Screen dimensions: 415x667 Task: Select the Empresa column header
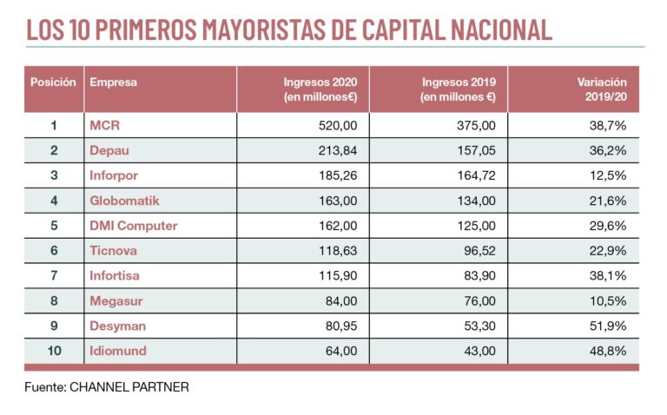pyautogui.click(x=113, y=82)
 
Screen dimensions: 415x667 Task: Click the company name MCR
pyautogui.click(x=104, y=126)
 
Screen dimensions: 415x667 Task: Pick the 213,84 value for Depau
pyautogui.click(x=338, y=151)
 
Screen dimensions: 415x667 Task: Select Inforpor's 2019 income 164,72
pyautogui.click(x=476, y=176)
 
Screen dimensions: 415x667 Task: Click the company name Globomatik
pyautogui.click(x=125, y=201)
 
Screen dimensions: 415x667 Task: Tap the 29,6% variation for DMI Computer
pyautogui.click(x=608, y=226)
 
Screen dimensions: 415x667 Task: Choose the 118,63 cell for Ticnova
pyautogui.click(x=339, y=251)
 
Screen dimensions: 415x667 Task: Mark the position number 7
pyautogui.click(x=54, y=276)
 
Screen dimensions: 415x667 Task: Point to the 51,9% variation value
pyautogui.click(x=608, y=326)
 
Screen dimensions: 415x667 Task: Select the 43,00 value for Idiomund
pyautogui.click(x=479, y=352)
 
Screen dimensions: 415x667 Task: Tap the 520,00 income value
pyautogui.click(x=338, y=126)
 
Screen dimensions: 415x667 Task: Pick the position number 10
pyautogui.click(x=54, y=352)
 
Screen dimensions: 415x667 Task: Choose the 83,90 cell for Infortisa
pyautogui.click(x=479, y=276)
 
